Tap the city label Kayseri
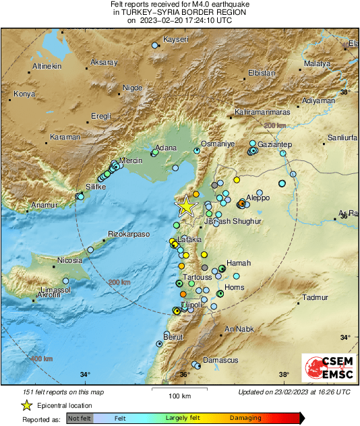[x=177, y=40]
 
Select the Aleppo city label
[x=258, y=197]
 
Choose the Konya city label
[x=24, y=94]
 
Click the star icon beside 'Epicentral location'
[x=26, y=405]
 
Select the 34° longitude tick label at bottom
[x=85, y=374]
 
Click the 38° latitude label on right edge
[x=345, y=92]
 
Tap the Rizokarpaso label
[x=128, y=235]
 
